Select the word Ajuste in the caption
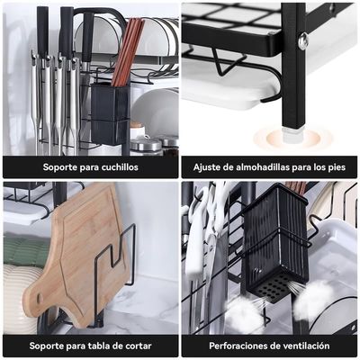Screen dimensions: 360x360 [207, 167]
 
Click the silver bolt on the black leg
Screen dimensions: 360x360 [304, 40]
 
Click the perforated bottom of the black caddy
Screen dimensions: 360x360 [274, 281]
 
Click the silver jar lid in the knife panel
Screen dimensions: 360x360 [146, 144]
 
